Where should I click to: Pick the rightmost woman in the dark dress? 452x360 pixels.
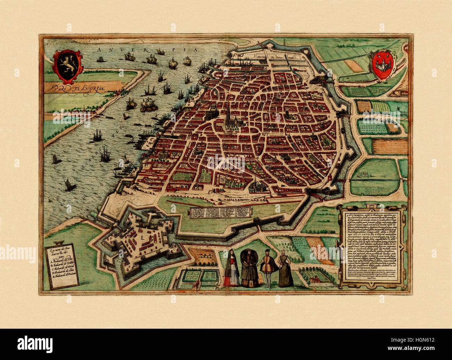(x=285, y=268)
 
